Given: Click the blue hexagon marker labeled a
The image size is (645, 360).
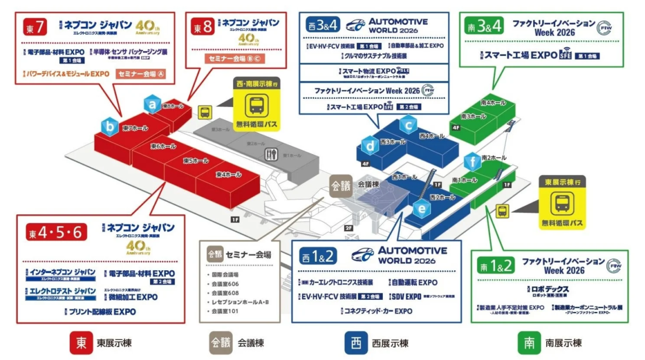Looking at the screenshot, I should tap(153, 105).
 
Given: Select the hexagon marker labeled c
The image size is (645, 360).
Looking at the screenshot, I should tap(408, 125).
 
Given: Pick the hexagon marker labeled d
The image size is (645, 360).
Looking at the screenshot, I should tap(370, 145).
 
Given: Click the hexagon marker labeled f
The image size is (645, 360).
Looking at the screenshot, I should tap(472, 162).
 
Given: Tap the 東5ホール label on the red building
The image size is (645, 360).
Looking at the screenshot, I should tap(196, 161).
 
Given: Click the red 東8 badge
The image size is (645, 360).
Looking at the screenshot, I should tap(203, 26).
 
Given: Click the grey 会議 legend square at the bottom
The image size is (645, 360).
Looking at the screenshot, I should tap(220, 342).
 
